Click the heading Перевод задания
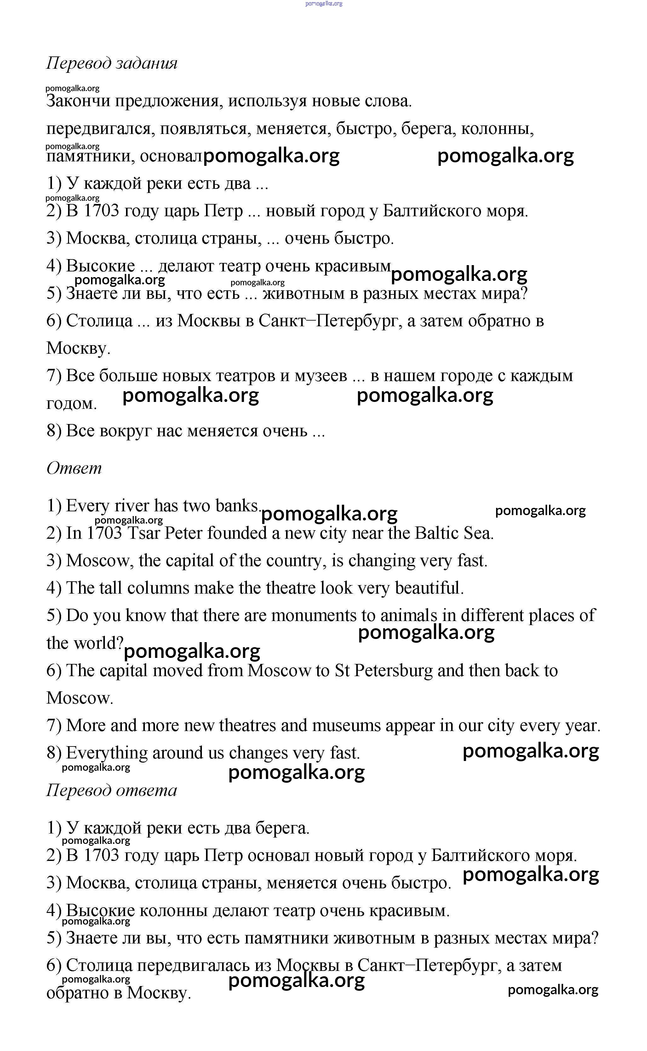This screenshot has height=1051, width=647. pos(112,63)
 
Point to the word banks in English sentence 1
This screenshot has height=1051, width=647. pos(238,506)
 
